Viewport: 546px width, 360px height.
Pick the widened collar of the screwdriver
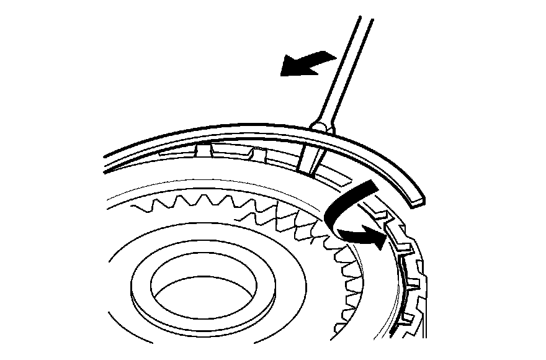tap(322, 127)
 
